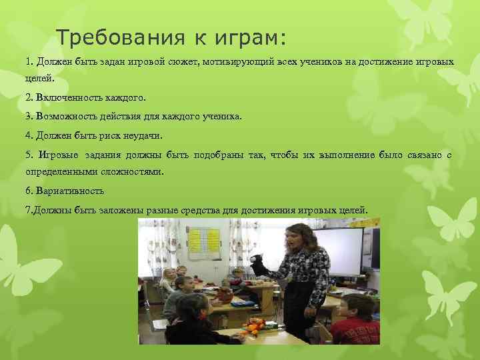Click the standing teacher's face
[294, 237]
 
